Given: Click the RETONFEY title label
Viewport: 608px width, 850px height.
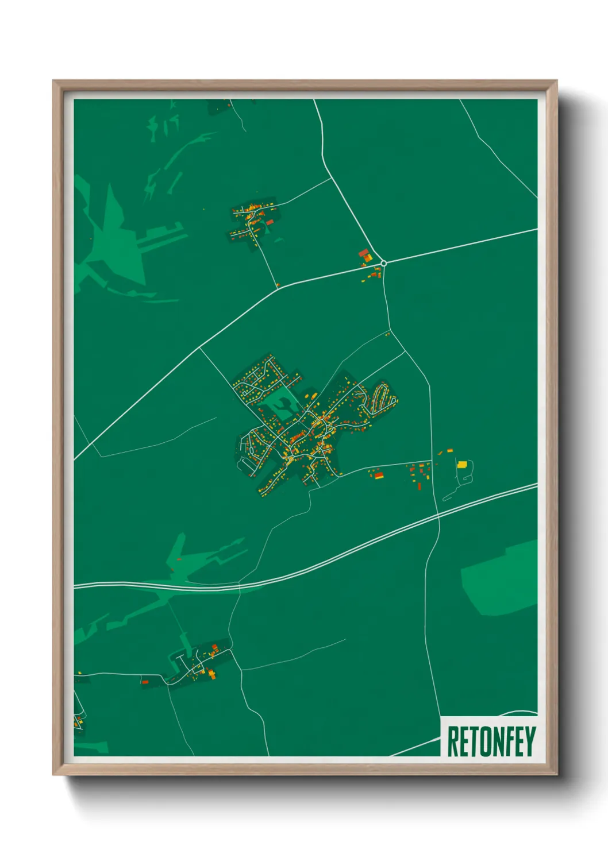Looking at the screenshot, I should pyautogui.click(x=490, y=741).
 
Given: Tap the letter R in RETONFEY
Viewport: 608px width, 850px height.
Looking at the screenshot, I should pyautogui.click(x=452, y=741).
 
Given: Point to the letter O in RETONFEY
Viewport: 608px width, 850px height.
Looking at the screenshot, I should pyautogui.click(x=484, y=741).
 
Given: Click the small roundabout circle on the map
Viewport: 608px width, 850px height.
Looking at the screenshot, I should pyautogui.click(x=383, y=263).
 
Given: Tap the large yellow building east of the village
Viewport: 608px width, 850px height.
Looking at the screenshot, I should pyautogui.click(x=461, y=465).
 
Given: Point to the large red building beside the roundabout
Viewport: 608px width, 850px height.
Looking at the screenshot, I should pyautogui.click(x=363, y=253).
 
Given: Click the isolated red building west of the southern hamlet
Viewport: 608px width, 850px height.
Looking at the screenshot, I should pyautogui.click(x=145, y=682).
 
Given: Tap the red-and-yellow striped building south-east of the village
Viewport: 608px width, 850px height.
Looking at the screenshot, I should pyautogui.click(x=379, y=475).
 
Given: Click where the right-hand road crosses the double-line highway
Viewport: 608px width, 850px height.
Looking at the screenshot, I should pyautogui.click(x=438, y=516).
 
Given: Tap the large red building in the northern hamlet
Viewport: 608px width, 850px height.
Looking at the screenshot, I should pyautogui.click(x=269, y=222).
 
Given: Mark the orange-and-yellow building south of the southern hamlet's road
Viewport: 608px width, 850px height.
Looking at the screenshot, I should pyautogui.click(x=211, y=673).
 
